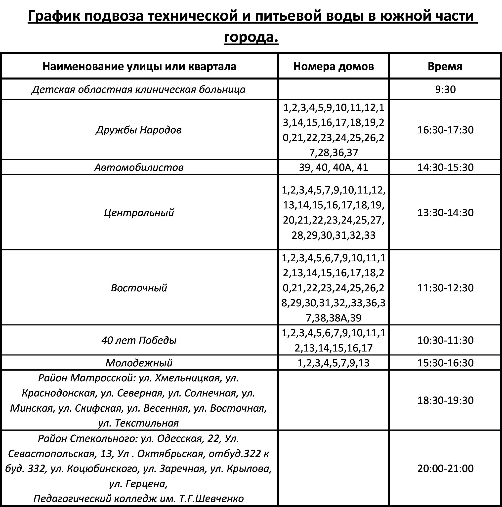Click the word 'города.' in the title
tap(251, 37)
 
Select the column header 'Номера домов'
tap(334, 66)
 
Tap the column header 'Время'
tap(445, 66)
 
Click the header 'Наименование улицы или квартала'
tap(139, 66)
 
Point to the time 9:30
tap(445, 89)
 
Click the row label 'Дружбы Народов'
tap(139, 130)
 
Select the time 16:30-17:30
tap(445, 130)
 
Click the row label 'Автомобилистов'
tap(139, 167)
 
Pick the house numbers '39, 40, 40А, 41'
tap(334, 167)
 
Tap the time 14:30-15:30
tap(445, 167)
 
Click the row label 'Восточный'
tap(139, 288)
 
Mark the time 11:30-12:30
tap(445, 288)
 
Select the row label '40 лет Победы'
tap(139, 340)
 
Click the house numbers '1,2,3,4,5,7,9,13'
tap(334, 363)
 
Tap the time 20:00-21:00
tap(445, 468)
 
